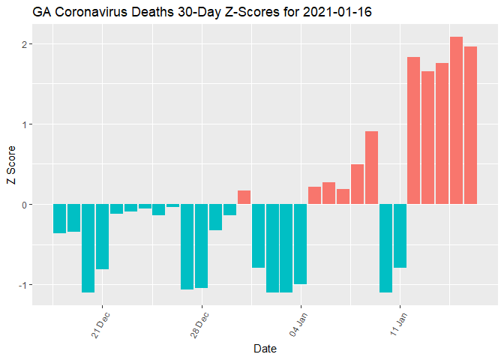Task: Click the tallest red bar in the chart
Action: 456,120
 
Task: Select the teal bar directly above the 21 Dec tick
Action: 102,236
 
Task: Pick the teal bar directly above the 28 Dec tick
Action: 201,246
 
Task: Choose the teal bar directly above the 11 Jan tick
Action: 400,235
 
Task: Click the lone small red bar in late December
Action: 244,197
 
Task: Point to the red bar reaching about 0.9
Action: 371,167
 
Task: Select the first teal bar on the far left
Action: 59,218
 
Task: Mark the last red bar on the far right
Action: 470,125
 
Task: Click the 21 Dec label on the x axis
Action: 98,324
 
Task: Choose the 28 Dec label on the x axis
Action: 197,324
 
